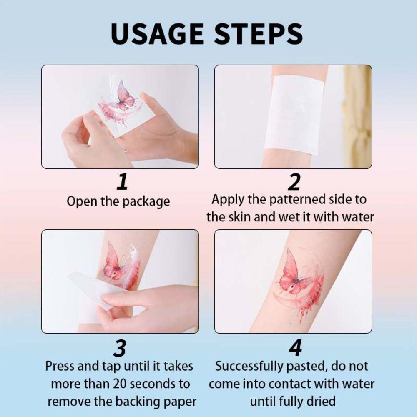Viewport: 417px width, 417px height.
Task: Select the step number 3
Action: pyautogui.click(x=120, y=348)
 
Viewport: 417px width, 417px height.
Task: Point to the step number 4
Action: pyautogui.click(x=295, y=348)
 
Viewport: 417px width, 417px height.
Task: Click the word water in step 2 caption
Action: pyautogui.click(x=356, y=217)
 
